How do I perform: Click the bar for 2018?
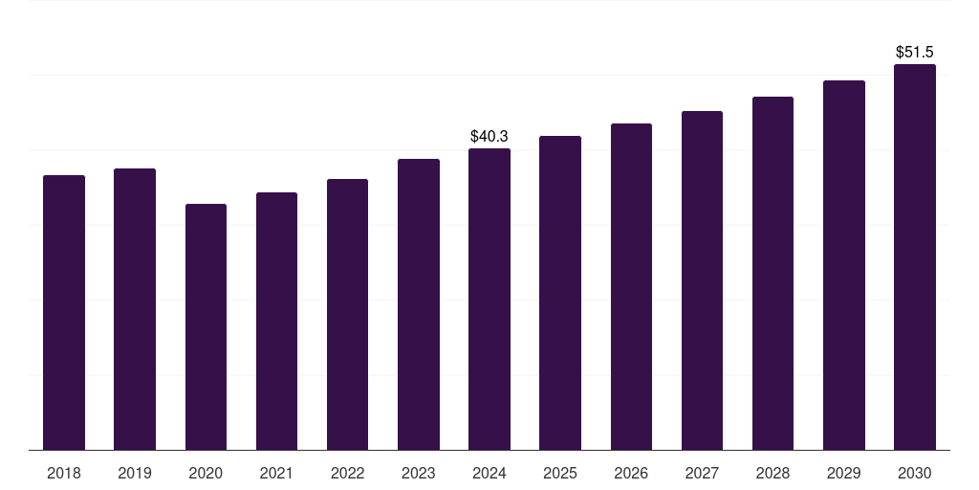pos(64,312)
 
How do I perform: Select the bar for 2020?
pos(206,326)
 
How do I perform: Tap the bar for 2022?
pos(347,314)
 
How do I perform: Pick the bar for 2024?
pos(489,299)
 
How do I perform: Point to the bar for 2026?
pos(631,286)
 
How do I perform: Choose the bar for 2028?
pos(772,273)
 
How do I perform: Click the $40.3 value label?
pos(489,137)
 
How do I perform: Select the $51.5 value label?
pos(915,53)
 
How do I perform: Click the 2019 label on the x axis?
pos(135,473)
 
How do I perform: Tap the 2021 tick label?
pos(276,473)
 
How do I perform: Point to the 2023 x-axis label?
pos(418,473)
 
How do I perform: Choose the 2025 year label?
pos(560,473)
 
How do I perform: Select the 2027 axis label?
pos(702,473)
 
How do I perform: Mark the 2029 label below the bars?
pos(843,473)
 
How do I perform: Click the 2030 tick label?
pos(915,473)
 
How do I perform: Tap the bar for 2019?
pos(135,309)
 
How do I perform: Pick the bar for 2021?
pos(276,321)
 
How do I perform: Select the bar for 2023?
pos(418,304)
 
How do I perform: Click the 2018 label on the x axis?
pos(64,473)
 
